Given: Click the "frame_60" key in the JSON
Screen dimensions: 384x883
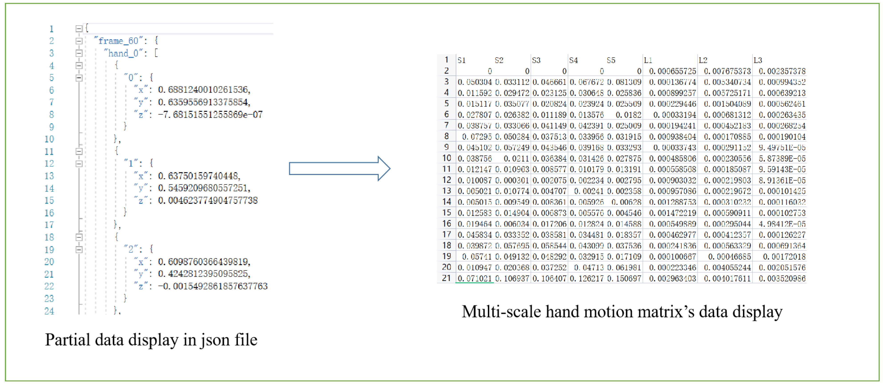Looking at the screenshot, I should pos(118,41).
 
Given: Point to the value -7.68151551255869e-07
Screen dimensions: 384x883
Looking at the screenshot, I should pos(210,114).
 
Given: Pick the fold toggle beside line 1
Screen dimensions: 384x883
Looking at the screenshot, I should pos(79,29).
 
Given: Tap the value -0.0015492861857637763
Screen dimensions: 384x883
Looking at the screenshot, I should pos(213,286).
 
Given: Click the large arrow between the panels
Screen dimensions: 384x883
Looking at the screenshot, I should pos(339,168).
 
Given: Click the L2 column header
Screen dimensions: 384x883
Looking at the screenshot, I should pos(703,60).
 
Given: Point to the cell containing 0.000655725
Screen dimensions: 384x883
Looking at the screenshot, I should pos(672,71).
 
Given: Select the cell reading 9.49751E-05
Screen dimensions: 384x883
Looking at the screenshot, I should pos(782,147).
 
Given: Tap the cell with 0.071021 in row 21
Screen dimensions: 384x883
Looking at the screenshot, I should pos(474,278).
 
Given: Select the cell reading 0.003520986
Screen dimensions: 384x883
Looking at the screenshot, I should pos(782,278).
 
